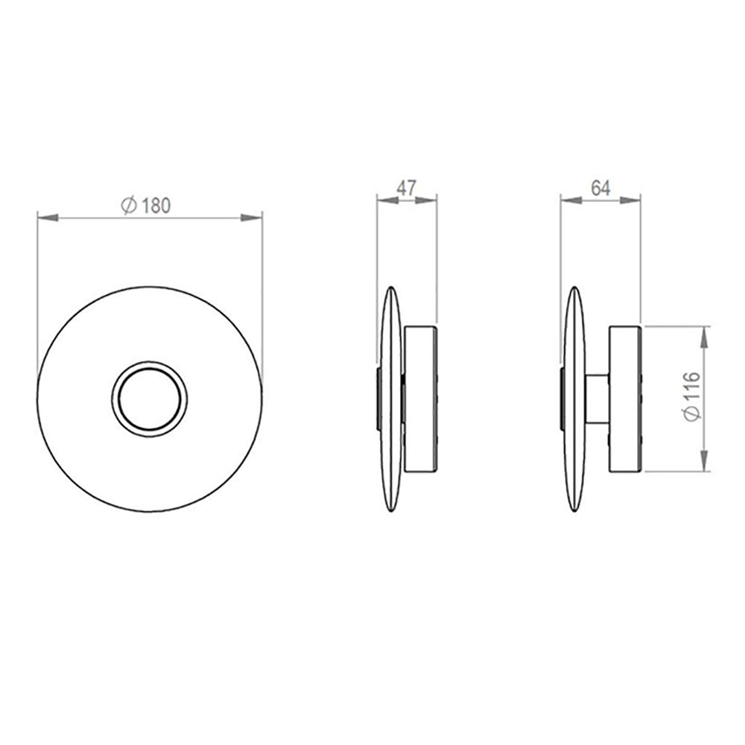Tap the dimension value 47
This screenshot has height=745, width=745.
coord(406,187)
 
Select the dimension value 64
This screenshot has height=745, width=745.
coord(600,187)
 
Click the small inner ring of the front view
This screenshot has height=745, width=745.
coord(150,397)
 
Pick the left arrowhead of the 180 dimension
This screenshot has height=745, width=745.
coord(46,218)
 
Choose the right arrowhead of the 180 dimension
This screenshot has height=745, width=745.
coord(253,218)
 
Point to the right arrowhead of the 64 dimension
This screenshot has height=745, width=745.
coord(632,199)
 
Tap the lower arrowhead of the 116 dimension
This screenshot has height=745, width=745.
coord(705,463)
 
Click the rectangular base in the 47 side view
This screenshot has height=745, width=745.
coord(420,399)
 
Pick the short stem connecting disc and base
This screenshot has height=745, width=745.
coord(597,399)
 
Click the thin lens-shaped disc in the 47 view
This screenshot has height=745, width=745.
coord(392,399)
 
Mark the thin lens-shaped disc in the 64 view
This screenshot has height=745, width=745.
coord(574,399)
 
